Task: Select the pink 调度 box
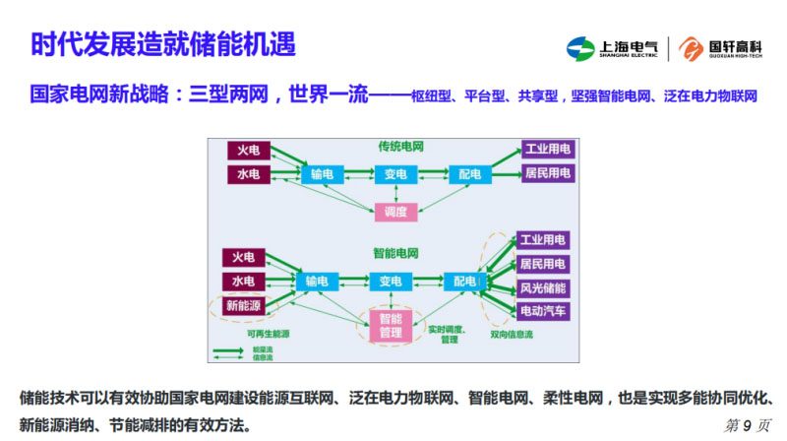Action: coord(395,210)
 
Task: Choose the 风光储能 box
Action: coord(542,287)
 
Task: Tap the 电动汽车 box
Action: coord(542,311)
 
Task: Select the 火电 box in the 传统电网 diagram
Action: coord(247,151)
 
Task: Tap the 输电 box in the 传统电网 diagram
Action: coord(322,174)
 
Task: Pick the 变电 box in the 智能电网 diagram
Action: coord(392,282)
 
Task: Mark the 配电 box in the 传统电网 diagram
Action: coord(469,174)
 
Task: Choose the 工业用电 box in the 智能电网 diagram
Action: coord(542,240)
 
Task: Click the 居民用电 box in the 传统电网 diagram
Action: coord(547,173)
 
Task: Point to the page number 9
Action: coord(747,424)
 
